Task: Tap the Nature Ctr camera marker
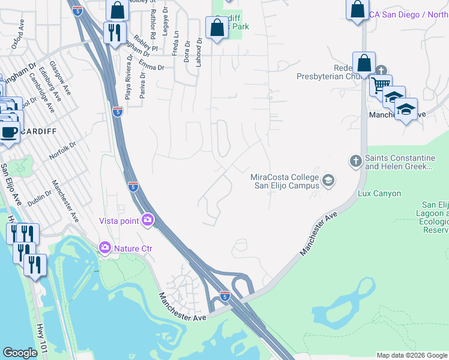(105, 247)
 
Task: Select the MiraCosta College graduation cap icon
(328, 180)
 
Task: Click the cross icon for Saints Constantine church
(355, 161)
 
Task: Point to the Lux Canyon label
(379, 194)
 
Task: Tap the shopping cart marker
(379, 85)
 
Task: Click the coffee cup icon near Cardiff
(8, 131)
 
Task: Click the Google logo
(20, 353)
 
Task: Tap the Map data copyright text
(412, 355)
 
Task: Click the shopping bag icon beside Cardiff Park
(216, 27)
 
